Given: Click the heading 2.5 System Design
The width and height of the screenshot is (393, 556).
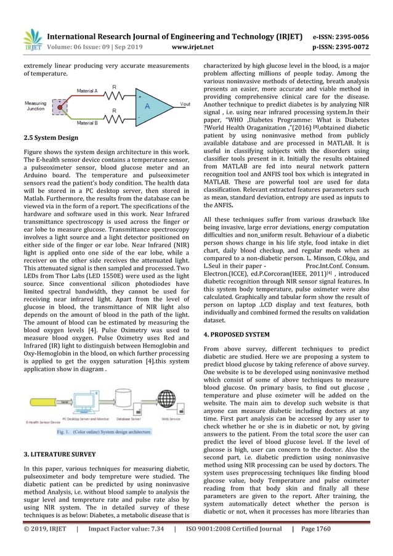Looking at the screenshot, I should (51, 139).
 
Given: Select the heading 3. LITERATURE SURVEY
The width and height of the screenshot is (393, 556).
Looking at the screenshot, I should (60, 454).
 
